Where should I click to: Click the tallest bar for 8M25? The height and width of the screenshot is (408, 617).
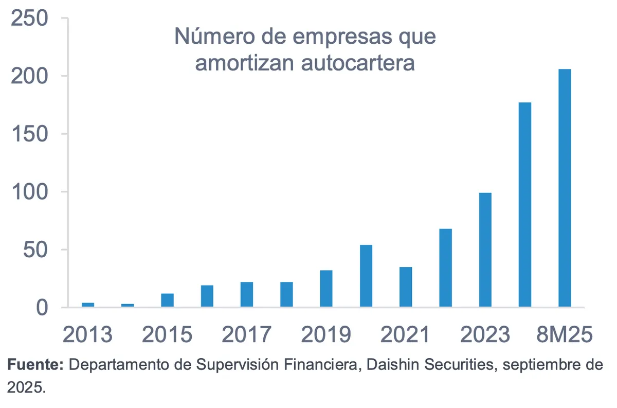[x=565, y=188]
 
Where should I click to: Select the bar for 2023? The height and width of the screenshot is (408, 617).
[x=485, y=250]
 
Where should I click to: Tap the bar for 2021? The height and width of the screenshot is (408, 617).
[x=405, y=287]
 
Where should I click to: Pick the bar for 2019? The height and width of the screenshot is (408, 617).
[x=326, y=289]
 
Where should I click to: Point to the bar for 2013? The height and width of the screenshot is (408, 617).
[x=88, y=305]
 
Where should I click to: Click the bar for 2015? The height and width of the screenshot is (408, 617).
[x=167, y=300]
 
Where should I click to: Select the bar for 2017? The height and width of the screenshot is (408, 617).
[x=247, y=295]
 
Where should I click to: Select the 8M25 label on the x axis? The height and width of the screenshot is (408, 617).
[x=565, y=335]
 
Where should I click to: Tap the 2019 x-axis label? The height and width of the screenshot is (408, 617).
[x=326, y=335]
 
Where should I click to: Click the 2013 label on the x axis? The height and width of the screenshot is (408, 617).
[x=88, y=335]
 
